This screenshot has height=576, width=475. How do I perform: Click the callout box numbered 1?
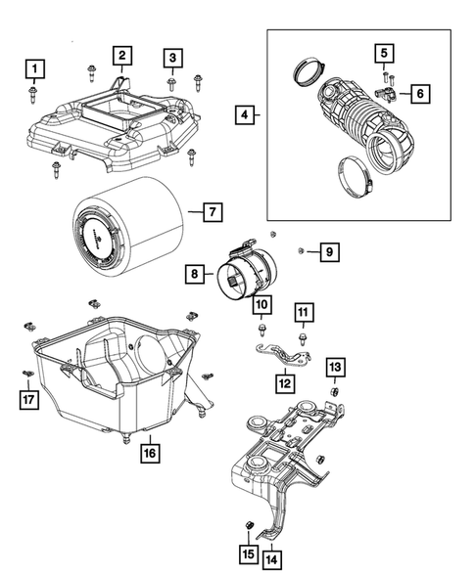pos(35,68)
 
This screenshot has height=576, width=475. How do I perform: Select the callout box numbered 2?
pos(121,56)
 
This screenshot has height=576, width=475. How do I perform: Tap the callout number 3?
pos(171,59)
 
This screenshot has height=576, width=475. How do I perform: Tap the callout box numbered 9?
pos(329,253)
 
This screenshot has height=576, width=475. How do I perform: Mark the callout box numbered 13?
pos(335,367)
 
